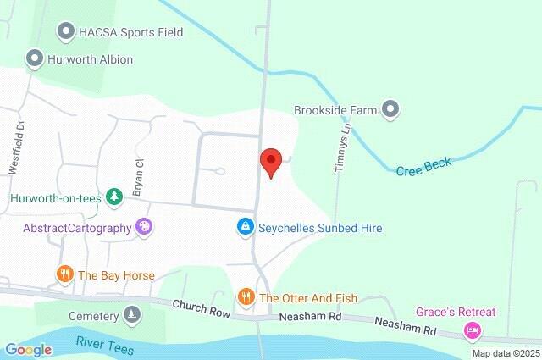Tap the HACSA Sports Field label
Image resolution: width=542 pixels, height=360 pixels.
130,32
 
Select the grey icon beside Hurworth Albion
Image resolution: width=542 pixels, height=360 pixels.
35,59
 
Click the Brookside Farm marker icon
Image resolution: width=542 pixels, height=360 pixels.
390,109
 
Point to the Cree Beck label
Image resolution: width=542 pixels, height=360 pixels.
423,167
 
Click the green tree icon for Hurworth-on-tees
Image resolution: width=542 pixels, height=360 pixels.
113,197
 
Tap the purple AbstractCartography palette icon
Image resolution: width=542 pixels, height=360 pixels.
144,227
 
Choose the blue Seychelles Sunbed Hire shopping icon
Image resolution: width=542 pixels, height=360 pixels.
245,227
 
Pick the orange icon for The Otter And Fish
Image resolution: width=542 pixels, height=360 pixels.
246,296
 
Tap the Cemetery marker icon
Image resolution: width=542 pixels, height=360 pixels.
132,316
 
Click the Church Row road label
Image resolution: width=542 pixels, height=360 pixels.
201,310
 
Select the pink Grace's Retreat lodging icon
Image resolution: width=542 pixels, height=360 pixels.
473,330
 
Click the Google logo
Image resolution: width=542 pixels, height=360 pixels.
28,350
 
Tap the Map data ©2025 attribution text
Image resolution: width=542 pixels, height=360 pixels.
505,353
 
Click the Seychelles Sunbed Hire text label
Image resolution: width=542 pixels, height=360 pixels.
320,228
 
